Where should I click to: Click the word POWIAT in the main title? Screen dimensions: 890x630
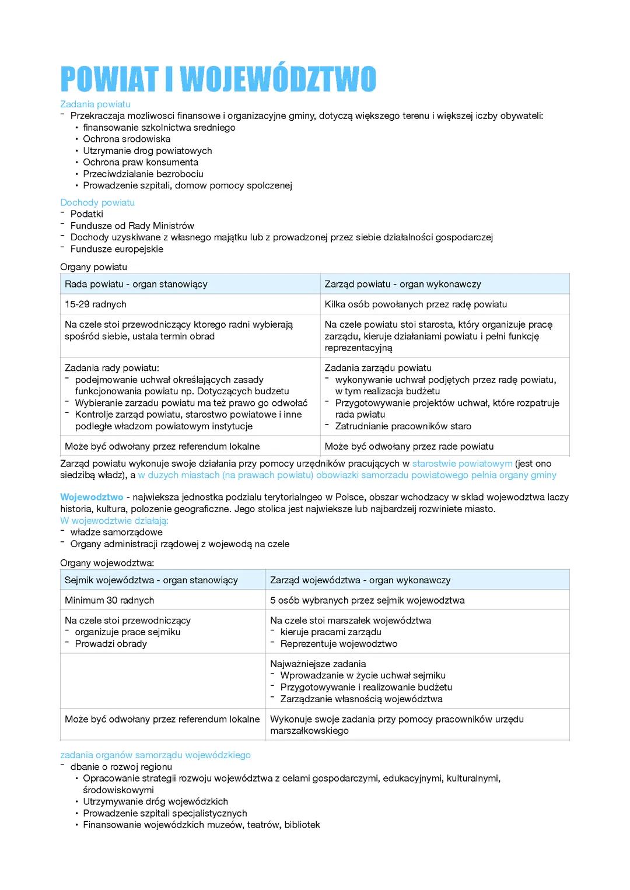pyautogui.click(x=109, y=79)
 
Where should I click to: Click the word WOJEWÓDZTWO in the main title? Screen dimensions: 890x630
pyautogui.click(x=278, y=79)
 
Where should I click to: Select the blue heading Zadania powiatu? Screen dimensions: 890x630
pyautogui.click(x=95, y=104)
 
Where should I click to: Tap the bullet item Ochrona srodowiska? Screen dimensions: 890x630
pyautogui.click(x=127, y=139)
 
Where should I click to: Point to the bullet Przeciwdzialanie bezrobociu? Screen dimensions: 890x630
pyautogui.click(x=143, y=174)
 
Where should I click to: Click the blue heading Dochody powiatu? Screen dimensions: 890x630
pyautogui.click(x=97, y=202)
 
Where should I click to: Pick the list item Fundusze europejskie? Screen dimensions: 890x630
pyautogui.click(x=117, y=249)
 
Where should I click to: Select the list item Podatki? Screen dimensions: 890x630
pyautogui.click(x=87, y=214)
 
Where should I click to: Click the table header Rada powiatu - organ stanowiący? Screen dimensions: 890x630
pyautogui.click(x=136, y=284)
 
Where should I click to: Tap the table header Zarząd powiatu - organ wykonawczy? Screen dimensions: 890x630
pyautogui.click(x=402, y=284)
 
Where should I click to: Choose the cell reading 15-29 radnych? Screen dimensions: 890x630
pyautogui.click(x=96, y=304)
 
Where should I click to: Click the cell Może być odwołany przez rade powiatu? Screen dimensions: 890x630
pyautogui.click(x=409, y=446)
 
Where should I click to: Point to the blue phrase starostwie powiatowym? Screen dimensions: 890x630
pyautogui.click(x=462, y=464)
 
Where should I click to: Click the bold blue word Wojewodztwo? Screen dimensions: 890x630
pyautogui.click(x=92, y=497)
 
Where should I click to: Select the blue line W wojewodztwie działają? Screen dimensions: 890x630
pyautogui.click(x=114, y=521)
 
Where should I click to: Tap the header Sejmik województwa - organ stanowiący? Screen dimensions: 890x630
pyautogui.click(x=151, y=580)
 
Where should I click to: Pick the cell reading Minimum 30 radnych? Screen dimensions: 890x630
pyautogui.click(x=110, y=601)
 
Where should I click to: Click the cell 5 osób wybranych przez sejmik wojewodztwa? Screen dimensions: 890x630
pyautogui.click(x=367, y=601)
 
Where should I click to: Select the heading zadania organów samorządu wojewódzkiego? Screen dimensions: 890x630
pyautogui.click(x=155, y=755)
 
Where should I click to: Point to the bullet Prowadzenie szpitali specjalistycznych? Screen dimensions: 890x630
pyautogui.click(x=164, y=813)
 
